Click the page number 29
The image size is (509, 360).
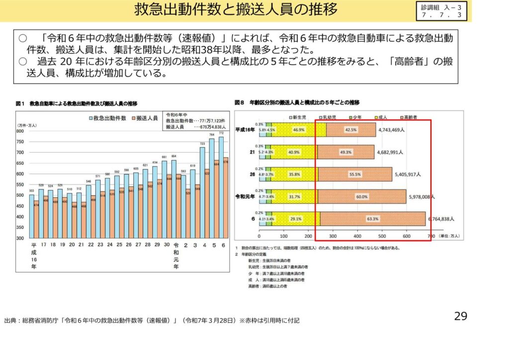pyautogui.click(x=460, y=316)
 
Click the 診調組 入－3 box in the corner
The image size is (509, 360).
pyautogui.click(x=441, y=11)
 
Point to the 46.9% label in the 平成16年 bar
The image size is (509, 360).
pyautogui.click(x=299, y=129)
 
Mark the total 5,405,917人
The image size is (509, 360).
pyautogui.click(x=407, y=175)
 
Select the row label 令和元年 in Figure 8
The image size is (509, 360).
pyautogui.click(x=246, y=196)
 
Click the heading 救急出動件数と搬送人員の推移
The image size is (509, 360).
pyautogui.click(x=236, y=9)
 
